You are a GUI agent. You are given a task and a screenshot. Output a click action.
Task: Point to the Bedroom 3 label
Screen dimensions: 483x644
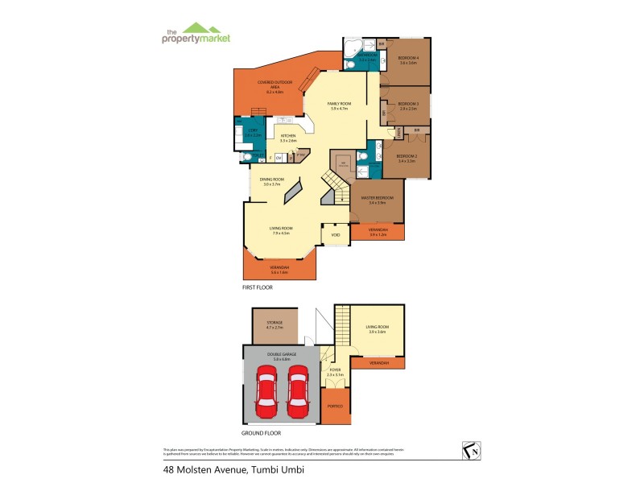(407, 105)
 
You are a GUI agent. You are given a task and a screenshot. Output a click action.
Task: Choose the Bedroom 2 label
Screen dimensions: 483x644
(406, 158)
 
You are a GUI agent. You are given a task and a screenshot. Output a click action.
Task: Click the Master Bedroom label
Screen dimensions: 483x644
(377, 200)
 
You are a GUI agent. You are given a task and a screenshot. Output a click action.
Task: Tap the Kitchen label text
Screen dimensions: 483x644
(287, 138)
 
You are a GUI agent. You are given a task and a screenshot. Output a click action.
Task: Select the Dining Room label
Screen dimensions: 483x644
(272, 182)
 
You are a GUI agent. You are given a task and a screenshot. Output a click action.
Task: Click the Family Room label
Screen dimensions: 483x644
(338, 105)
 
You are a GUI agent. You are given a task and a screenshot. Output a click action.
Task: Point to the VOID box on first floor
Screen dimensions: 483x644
(336, 235)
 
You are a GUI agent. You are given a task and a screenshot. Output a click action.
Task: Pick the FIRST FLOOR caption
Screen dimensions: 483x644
(258, 287)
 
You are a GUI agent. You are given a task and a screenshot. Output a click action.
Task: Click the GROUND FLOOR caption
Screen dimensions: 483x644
(261, 431)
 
